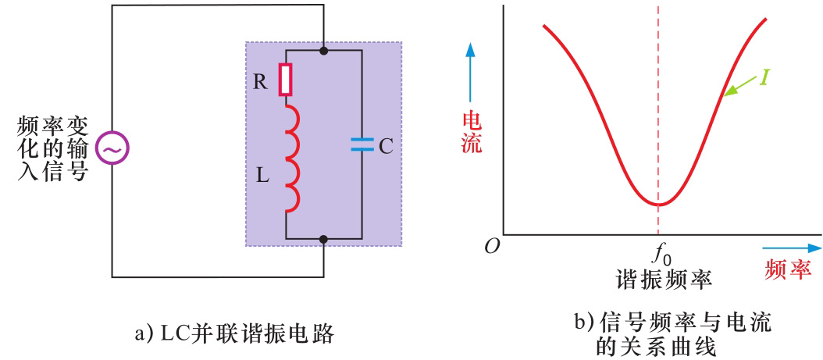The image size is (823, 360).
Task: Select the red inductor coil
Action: click(x=290, y=159)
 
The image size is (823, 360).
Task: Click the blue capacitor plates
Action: click(x=362, y=144)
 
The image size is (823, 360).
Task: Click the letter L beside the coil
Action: click(x=262, y=176)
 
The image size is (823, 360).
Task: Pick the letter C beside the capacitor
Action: click(x=385, y=145)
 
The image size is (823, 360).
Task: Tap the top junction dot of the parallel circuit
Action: click(x=323, y=50)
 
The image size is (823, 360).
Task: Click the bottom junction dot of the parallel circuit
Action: click(x=323, y=238)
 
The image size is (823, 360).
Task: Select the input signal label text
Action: click(x=52, y=148)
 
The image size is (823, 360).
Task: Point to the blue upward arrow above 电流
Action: click(x=470, y=70)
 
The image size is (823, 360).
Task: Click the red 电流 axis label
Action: click(x=472, y=132)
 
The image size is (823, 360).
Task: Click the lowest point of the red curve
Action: click(x=659, y=205)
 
